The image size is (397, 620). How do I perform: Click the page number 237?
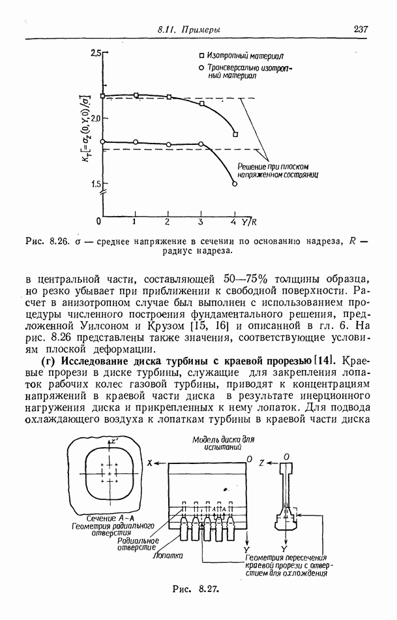tap(360, 29)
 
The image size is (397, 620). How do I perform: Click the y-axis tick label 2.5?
tap(97, 52)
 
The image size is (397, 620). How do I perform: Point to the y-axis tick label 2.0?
tap(97, 118)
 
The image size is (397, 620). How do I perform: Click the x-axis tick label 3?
tap(201, 222)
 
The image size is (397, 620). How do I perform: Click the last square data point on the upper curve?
tap(235, 134)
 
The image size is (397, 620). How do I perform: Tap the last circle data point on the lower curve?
tap(234, 184)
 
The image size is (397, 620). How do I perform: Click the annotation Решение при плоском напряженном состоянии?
tap(276, 171)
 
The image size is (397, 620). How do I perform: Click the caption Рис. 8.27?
tap(194, 588)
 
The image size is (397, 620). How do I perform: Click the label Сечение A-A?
tap(105, 516)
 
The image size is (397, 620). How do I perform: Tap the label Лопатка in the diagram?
tap(166, 556)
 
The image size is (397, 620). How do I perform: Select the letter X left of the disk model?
tap(149, 462)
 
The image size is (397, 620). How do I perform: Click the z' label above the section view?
tap(115, 442)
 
